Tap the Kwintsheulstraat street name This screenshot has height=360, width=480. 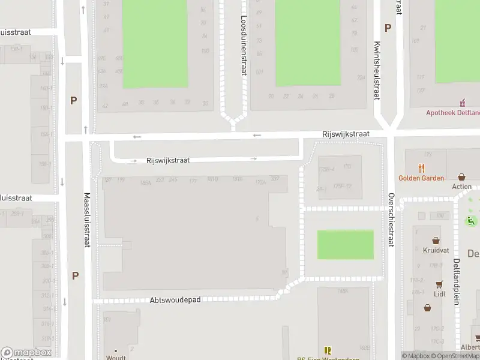(377, 66)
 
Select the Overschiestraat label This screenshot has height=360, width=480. (391, 220)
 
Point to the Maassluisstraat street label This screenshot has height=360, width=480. (87, 220)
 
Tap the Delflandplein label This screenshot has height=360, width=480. (457, 281)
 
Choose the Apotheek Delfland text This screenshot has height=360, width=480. (452, 112)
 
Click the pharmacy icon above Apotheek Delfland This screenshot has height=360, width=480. (462, 103)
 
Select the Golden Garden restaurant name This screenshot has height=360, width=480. (421, 178)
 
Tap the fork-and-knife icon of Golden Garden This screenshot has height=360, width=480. (422, 169)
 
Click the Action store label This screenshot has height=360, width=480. (462, 187)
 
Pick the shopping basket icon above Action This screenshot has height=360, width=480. (461, 177)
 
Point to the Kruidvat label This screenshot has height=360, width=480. (436, 250)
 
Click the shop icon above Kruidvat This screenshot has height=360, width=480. (436, 240)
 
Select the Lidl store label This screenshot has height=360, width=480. (439, 294)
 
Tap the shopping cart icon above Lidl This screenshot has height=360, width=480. (439, 284)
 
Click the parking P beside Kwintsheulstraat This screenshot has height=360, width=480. (388, 28)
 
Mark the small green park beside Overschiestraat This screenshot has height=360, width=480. (345, 245)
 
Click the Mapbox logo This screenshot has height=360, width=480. (26, 353)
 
